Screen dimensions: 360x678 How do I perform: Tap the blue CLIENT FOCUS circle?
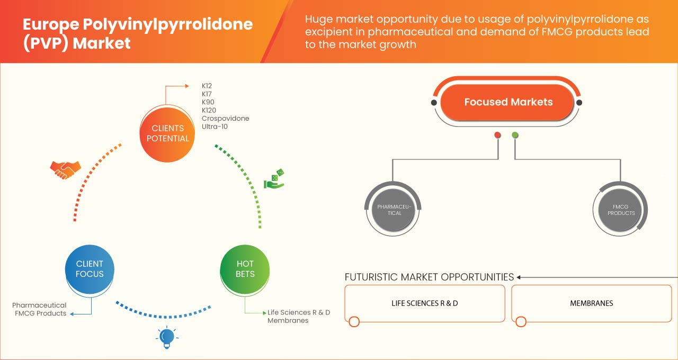90,268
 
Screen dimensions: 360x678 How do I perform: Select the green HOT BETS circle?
245,268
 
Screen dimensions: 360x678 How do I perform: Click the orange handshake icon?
65,169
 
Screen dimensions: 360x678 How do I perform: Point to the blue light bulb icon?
167,337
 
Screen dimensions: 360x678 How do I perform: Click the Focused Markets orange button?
508,102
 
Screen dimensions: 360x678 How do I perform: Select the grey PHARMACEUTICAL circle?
394,210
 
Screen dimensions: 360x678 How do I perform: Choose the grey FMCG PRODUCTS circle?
621,210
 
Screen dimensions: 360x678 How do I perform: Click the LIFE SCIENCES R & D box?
424,303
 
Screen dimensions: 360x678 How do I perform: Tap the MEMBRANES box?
591,303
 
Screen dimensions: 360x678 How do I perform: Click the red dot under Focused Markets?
497,135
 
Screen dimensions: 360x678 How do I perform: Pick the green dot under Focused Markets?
515,135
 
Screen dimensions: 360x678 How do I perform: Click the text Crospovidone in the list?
225,118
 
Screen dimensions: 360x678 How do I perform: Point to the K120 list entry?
210,110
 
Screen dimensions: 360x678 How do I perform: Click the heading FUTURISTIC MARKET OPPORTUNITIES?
429,277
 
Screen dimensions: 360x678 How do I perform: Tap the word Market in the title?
101,43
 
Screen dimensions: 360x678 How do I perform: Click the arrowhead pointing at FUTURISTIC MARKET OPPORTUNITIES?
519,277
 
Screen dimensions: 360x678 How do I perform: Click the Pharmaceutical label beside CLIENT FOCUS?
39,305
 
